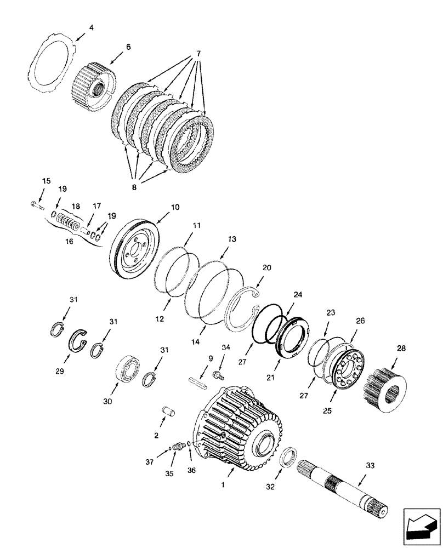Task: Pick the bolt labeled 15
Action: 38,204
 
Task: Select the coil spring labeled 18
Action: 70,224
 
